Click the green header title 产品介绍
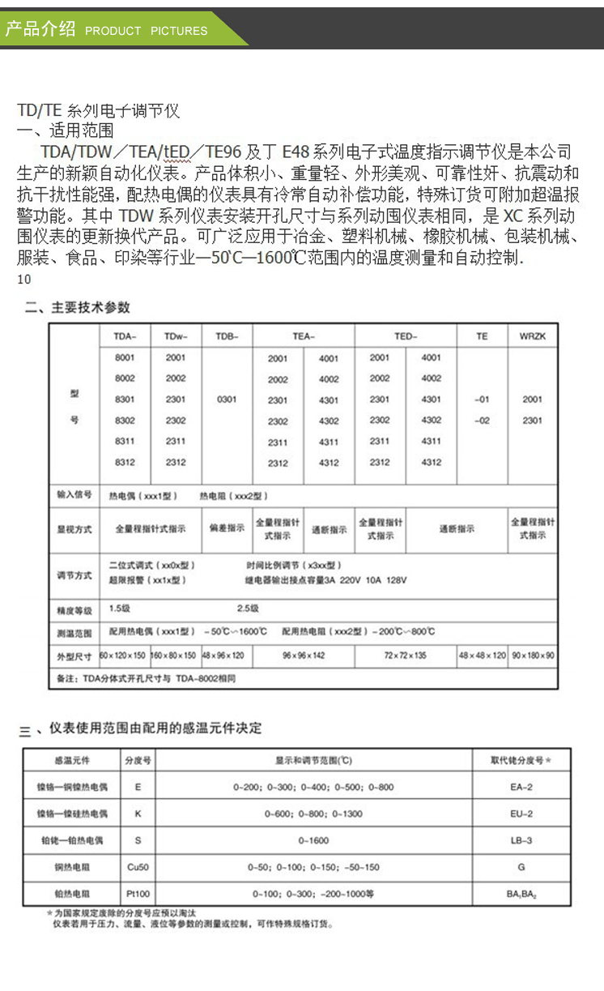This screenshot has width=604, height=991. pyautogui.click(x=40, y=29)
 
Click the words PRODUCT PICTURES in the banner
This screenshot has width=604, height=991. pyautogui.click(x=146, y=31)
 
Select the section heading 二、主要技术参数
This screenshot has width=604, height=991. pyautogui.click(x=77, y=308)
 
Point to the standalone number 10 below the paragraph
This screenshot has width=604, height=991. pyautogui.click(x=24, y=280)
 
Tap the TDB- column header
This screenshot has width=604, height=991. pyautogui.click(x=228, y=336)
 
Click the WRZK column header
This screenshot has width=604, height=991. pyautogui.click(x=532, y=336)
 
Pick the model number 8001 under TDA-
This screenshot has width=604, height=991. pyautogui.click(x=125, y=357)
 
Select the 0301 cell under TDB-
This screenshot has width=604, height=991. pyautogui.click(x=228, y=399)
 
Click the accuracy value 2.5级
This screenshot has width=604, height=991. pyautogui.click(x=247, y=608)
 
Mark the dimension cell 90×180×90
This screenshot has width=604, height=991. pyautogui.click(x=533, y=655)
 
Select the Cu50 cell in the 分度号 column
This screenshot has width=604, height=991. pyautogui.click(x=138, y=867)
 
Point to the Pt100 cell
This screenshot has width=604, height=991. pyautogui.click(x=138, y=894)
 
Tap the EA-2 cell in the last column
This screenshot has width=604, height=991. pyautogui.click(x=521, y=787)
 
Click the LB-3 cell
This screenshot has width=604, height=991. pyautogui.click(x=521, y=840)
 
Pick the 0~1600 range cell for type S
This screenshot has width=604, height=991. pyautogui.click(x=313, y=840)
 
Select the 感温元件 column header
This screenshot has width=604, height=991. pyautogui.click(x=71, y=761)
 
